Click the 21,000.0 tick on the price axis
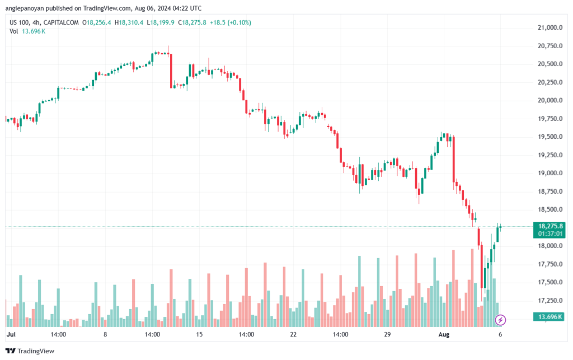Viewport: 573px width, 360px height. tap(550, 27)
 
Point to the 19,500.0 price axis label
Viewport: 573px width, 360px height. tap(550, 137)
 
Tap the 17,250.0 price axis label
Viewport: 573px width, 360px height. tap(550, 301)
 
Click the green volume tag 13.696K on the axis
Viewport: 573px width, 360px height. tap(549, 316)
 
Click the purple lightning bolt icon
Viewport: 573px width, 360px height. tap(500, 320)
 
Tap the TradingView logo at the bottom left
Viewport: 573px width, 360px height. tap(30, 351)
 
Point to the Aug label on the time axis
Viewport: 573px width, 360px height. tap(444, 334)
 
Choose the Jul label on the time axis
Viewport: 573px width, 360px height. tap(11, 334)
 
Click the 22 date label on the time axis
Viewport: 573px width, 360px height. tap(293, 334)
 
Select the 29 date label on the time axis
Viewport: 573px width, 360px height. tap(387, 334)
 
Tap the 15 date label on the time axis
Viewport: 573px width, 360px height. tap(199, 334)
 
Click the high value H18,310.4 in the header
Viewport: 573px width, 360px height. tap(129, 22)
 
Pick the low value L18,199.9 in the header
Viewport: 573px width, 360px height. tap(161, 22)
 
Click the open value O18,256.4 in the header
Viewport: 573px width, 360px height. tap(96, 22)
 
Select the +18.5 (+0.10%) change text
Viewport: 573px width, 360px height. tap(230, 22)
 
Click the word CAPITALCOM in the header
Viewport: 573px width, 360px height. tap(61, 22)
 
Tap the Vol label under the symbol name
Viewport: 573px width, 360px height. tap(13, 31)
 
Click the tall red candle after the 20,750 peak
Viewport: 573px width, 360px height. tap(171, 71)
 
